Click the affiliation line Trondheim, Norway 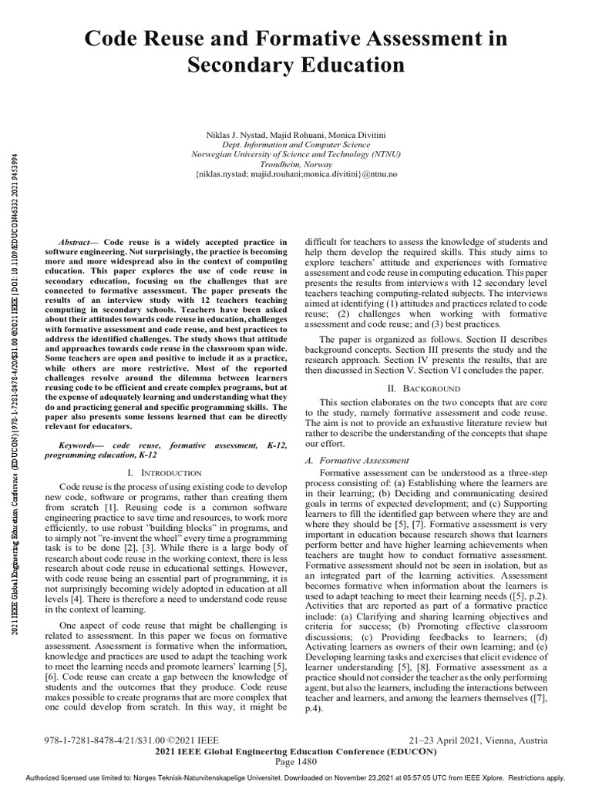(x=297, y=164)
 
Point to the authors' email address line (x=297, y=175)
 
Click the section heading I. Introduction (x=163, y=472)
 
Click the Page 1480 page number (x=296, y=762)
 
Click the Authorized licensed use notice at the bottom (x=296, y=779)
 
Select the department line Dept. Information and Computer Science (x=297, y=144)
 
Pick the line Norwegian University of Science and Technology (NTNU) (x=297, y=154)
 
